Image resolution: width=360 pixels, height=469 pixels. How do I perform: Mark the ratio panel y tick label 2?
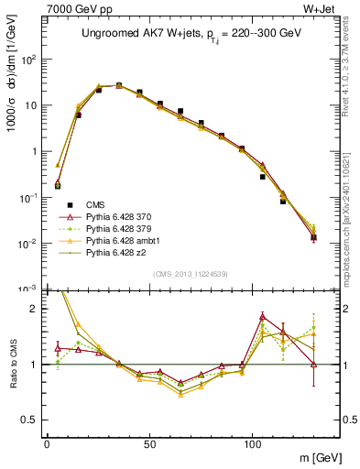33,309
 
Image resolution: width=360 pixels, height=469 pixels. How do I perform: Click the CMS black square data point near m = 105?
263,176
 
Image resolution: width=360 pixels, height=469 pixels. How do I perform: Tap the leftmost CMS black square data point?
57,186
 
